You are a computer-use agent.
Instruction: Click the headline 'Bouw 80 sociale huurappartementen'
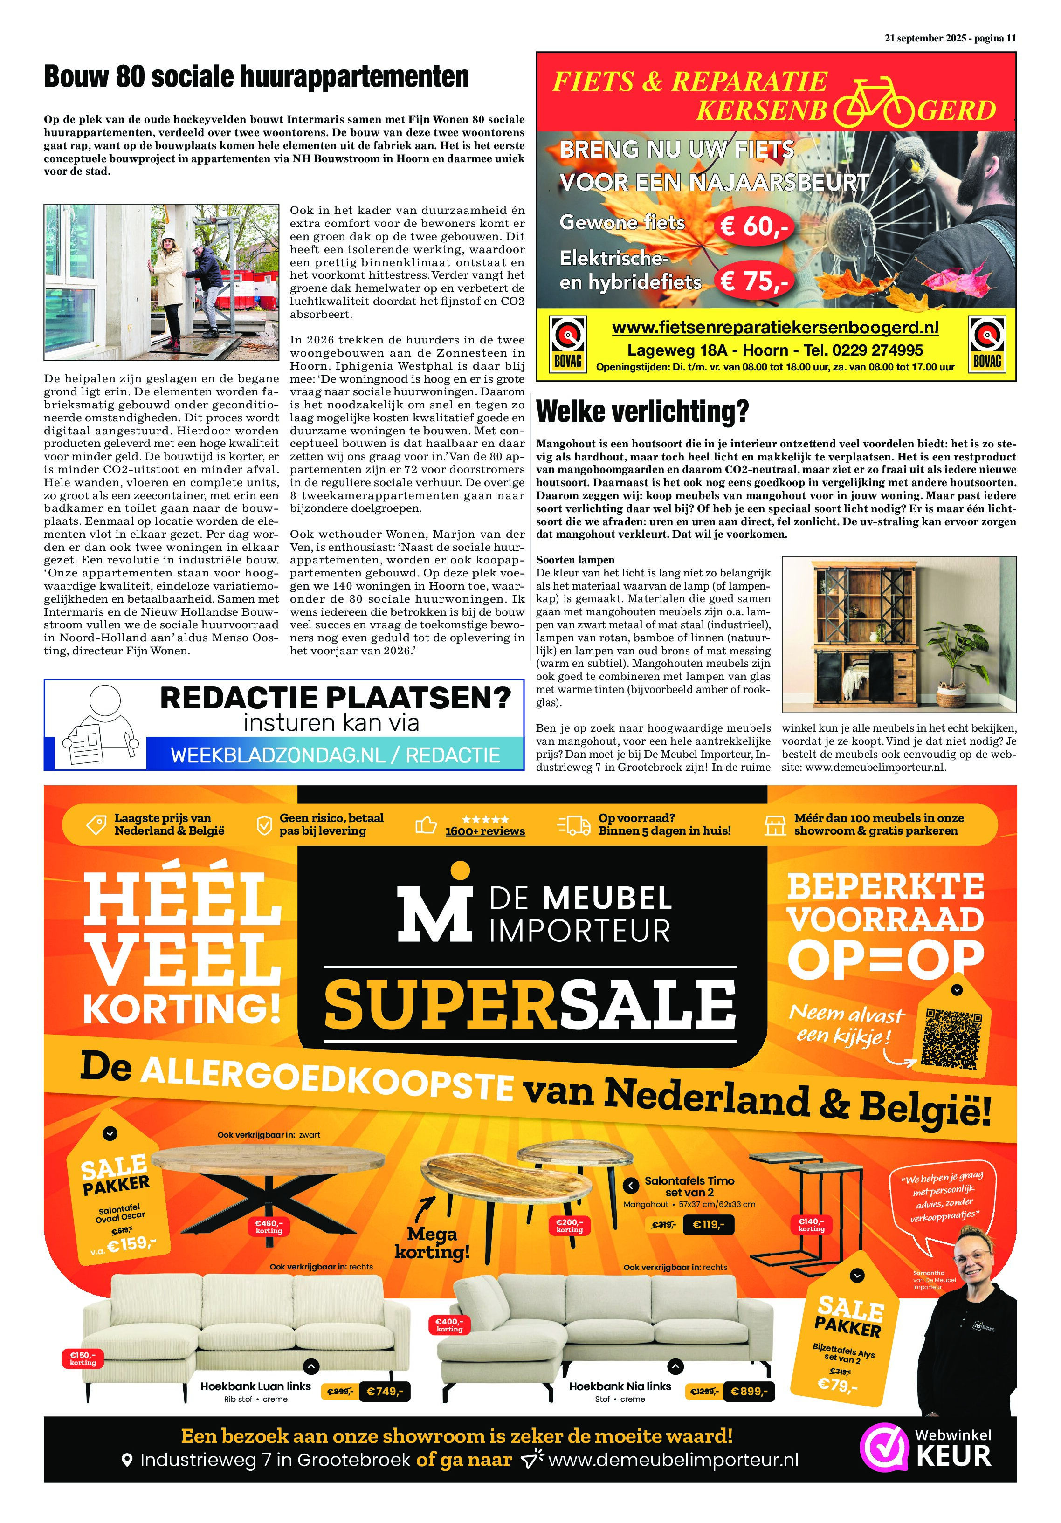point(256,77)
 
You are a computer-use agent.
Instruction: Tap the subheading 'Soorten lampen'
point(575,560)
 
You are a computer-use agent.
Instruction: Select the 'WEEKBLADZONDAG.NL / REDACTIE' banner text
point(335,755)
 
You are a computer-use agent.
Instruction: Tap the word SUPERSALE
point(530,1005)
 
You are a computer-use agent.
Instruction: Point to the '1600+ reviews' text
point(484,831)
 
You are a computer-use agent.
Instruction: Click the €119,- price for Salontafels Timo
point(709,1224)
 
